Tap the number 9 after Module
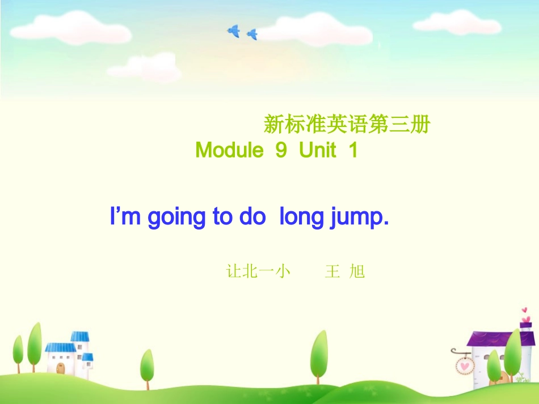click(x=281, y=151)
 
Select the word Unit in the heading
click(x=318, y=151)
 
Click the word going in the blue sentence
click(x=176, y=218)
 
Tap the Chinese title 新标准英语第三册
click(x=347, y=125)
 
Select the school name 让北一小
click(x=258, y=272)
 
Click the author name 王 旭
click(x=345, y=272)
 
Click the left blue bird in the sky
click(x=234, y=31)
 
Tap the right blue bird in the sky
click(x=252, y=35)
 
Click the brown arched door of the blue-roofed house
click(x=61, y=368)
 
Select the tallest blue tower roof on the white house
click(x=79, y=337)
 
